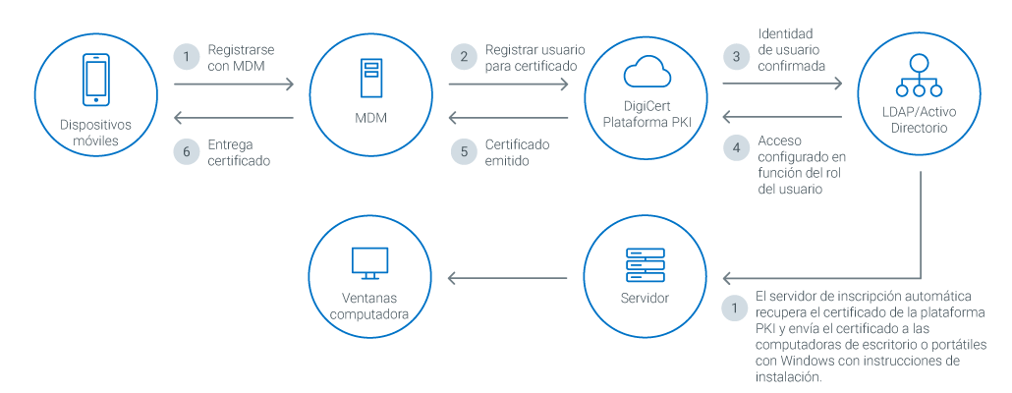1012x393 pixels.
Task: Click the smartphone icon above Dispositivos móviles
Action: click(x=95, y=77)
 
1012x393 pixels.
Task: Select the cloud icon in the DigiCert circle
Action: click(x=646, y=72)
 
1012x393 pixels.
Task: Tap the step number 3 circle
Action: click(x=736, y=57)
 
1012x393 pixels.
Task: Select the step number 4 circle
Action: click(x=736, y=148)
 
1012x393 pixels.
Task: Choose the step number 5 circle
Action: click(x=462, y=151)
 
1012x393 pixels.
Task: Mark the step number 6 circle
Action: click(x=186, y=151)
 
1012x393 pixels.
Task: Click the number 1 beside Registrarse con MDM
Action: click(x=186, y=57)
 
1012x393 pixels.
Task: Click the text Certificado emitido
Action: click(x=517, y=152)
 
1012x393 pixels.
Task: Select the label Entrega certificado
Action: click(x=239, y=152)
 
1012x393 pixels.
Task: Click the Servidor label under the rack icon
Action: click(x=646, y=298)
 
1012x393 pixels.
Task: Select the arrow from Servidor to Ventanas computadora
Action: click(x=508, y=279)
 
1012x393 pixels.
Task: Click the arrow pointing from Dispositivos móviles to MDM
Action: click(x=234, y=85)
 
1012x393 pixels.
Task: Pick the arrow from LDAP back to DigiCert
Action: click(x=782, y=117)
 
